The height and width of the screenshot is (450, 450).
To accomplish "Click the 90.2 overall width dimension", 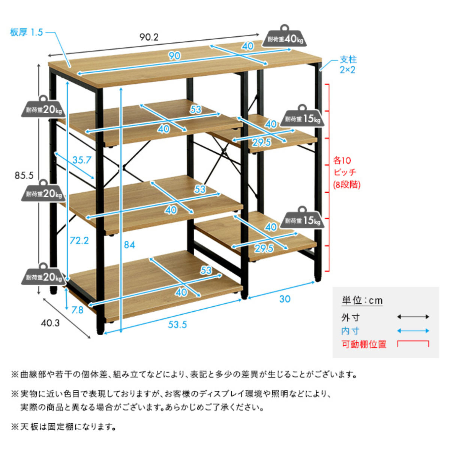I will point(149,37).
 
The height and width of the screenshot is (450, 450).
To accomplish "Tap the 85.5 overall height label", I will point(24,175).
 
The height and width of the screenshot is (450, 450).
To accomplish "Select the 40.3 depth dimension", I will point(50,323).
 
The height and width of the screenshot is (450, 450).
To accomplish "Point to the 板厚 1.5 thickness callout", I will point(27,32).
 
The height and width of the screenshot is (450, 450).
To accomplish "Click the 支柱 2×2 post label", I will point(348,64).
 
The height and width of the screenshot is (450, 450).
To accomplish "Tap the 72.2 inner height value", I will point(79,240).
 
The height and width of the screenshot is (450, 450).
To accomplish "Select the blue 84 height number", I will point(129,244).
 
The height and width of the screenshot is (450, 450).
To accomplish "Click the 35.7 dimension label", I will point(82,160).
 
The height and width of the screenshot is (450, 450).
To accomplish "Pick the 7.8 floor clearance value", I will point(77,310).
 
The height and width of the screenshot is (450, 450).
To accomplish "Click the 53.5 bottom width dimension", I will point(177,324).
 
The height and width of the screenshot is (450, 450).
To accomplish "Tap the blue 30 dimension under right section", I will point(285,299).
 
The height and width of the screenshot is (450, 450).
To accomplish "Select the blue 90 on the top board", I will point(174,56).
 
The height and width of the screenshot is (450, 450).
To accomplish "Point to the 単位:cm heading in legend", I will point(362,300).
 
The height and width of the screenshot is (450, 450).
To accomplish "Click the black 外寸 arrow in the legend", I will point(413,317).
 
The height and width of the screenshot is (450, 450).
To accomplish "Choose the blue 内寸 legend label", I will point(350,331).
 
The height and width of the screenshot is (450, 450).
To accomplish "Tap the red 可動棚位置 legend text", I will point(363,344).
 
